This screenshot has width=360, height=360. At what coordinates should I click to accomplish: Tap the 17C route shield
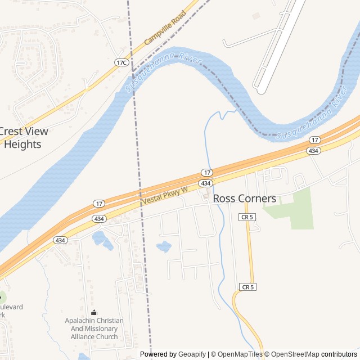coord(121,62)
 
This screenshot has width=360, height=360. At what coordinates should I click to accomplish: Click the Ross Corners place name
coord(245,199)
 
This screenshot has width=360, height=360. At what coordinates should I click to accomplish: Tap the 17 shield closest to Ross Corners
coord(207,172)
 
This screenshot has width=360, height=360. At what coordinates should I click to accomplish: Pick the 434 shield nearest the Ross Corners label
coord(205,183)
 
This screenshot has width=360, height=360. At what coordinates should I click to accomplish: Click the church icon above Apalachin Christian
coord(94,312)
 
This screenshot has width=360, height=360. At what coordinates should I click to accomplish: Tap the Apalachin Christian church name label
coord(94,328)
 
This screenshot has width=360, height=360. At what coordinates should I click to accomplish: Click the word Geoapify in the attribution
coord(192,354)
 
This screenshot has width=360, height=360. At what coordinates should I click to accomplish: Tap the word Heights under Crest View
coord(23,145)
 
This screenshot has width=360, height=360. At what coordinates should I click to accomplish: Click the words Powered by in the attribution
coord(158,354)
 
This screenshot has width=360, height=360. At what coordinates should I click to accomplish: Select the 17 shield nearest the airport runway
coord(315,139)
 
